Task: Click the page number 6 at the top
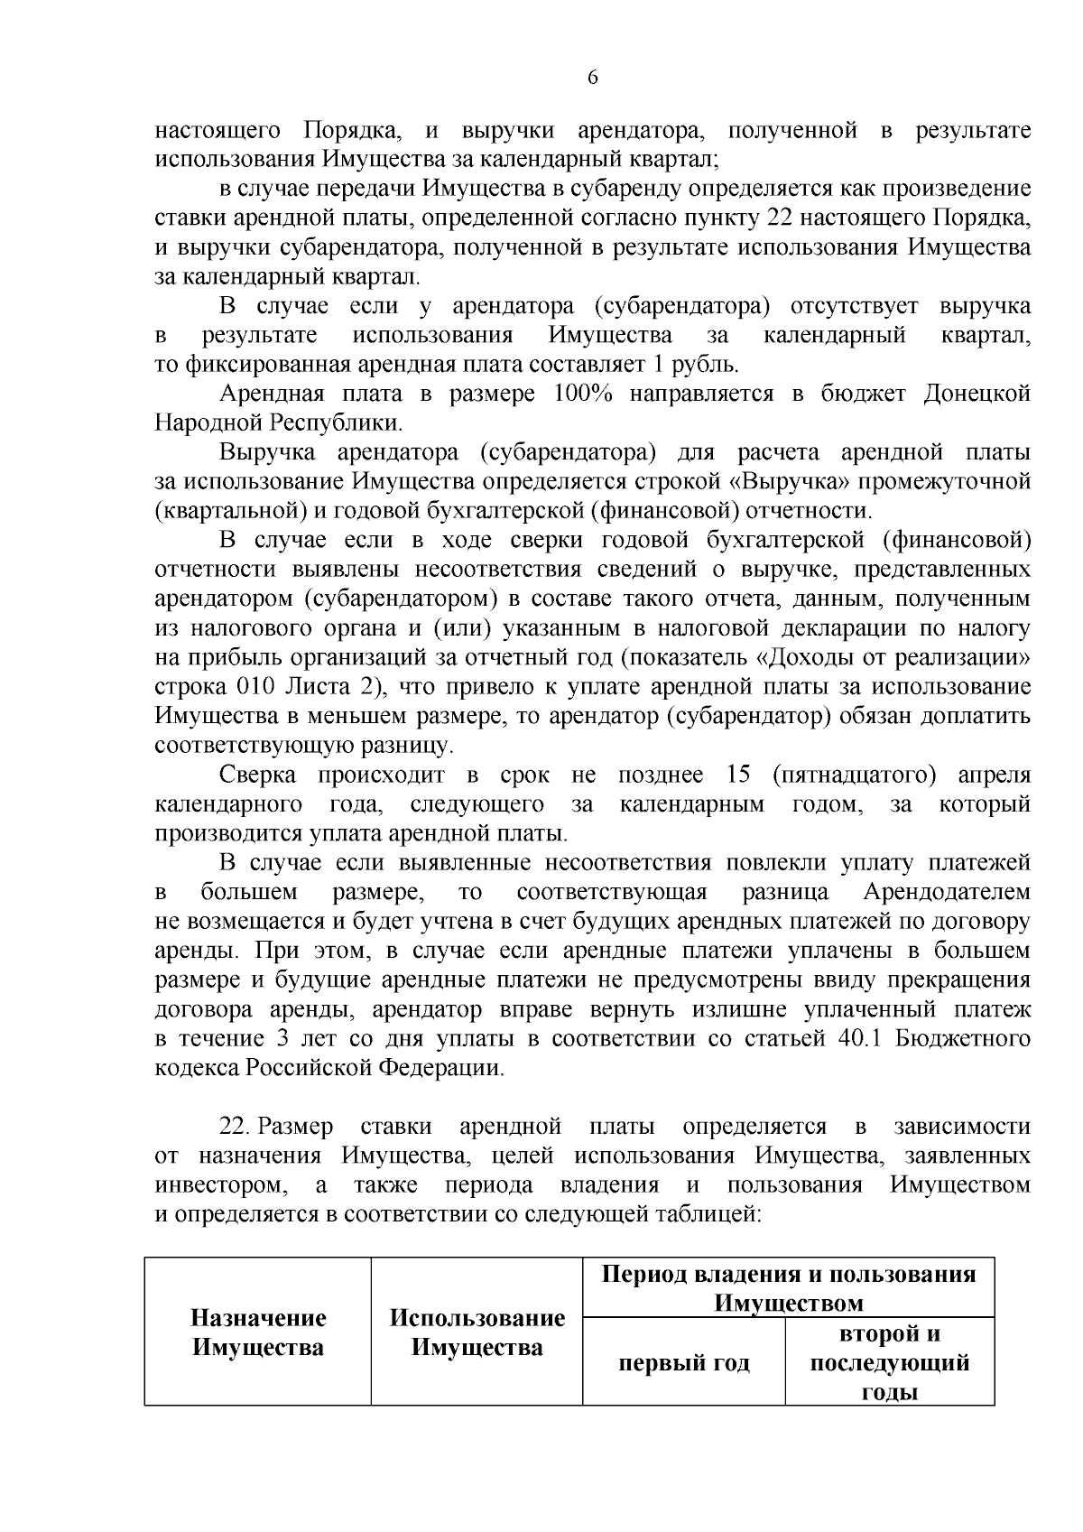click(592, 78)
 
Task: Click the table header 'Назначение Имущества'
click(258, 1332)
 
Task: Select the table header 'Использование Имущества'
click(477, 1332)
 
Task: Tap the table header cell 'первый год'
click(683, 1362)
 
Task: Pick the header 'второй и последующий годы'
click(889, 1362)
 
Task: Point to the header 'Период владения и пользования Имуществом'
click(788, 1288)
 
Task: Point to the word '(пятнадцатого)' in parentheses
click(849, 775)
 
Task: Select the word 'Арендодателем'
click(946, 892)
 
